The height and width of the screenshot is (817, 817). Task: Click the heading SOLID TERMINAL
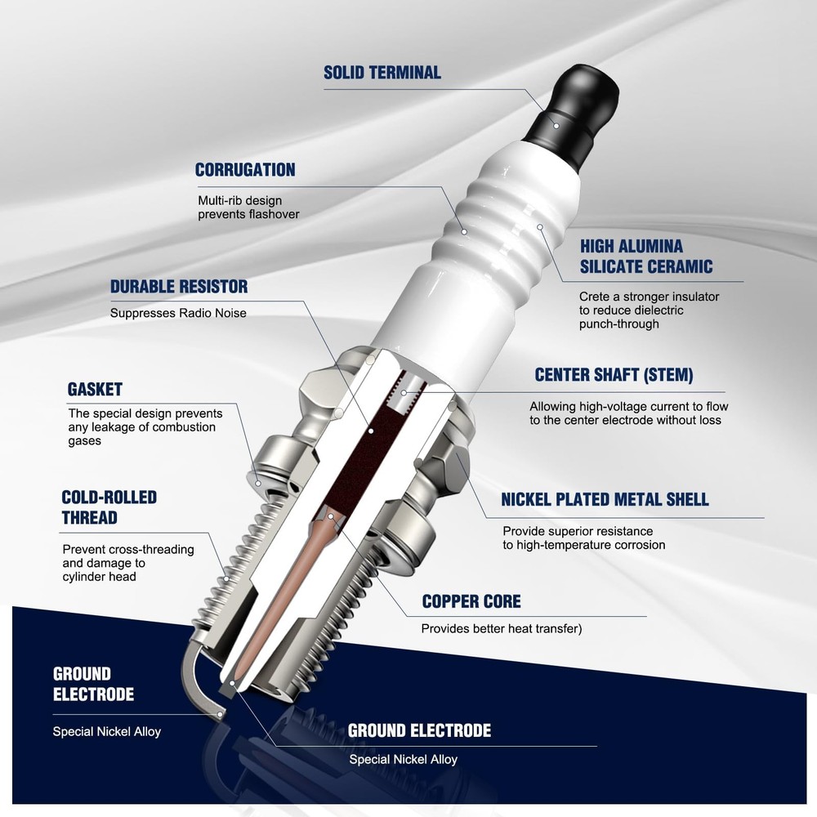[x=382, y=73]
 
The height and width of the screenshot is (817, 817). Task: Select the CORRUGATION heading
[x=245, y=170]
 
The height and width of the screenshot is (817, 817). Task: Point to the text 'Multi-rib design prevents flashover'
[x=248, y=208]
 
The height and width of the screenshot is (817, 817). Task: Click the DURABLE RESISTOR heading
[x=179, y=287]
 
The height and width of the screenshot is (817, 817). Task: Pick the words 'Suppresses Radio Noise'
[x=178, y=313]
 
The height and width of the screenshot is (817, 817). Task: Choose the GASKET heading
[x=95, y=389]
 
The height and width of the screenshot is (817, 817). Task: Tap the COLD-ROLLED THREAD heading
[x=109, y=507]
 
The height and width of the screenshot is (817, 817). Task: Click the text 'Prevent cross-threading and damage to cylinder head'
[x=128, y=563]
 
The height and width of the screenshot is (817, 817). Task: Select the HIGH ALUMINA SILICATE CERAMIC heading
[x=646, y=257]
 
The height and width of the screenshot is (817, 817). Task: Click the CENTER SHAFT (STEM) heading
[x=614, y=375]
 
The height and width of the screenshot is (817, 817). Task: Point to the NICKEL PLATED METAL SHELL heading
[x=605, y=499]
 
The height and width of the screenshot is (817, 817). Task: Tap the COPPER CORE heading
[x=471, y=601]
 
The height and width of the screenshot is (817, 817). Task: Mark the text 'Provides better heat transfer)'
[x=502, y=629]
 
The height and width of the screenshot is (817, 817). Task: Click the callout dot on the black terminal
[x=556, y=126]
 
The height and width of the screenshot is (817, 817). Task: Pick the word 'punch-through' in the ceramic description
[x=619, y=324]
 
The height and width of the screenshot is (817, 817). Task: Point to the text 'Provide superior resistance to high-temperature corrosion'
[x=583, y=538]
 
